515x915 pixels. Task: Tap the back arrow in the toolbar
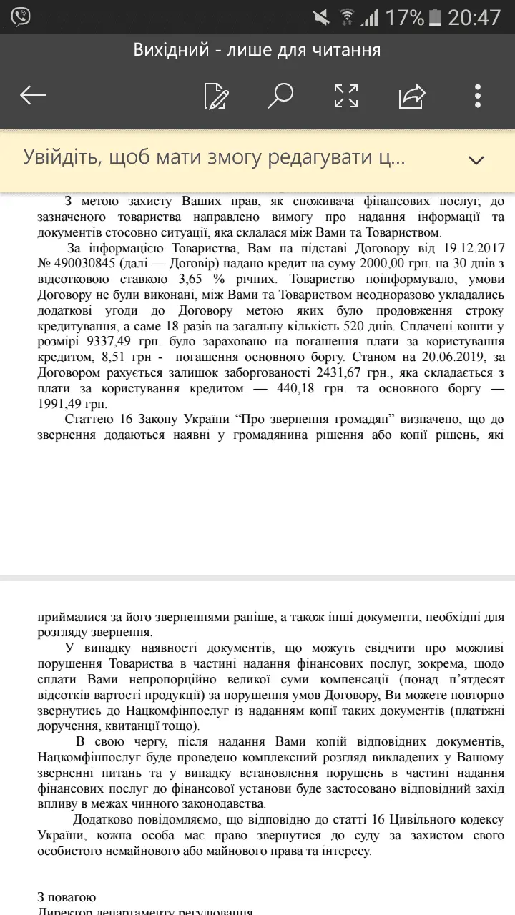pyautogui.click(x=33, y=95)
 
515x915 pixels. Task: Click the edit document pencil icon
pyautogui.click(x=216, y=96)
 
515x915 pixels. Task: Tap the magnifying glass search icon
pyautogui.click(x=280, y=95)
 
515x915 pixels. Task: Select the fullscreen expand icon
pyautogui.click(x=346, y=95)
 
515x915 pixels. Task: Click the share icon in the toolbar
pyautogui.click(x=412, y=95)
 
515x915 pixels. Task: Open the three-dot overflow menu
pyautogui.click(x=477, y=95)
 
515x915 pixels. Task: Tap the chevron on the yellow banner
pyautogui.click(x=476, y=159)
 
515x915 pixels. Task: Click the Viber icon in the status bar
pyautogui.click(x=21, y=17)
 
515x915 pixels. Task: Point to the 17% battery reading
pyautogui.click(x=404, y=17)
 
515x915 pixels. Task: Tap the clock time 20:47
pyautogui.click(x=474, y=17)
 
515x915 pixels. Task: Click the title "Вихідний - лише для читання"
pyautogui.click(x=257, y=50)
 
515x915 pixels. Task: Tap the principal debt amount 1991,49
pyautogui.click(x=67, y=403)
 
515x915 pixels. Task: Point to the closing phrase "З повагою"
pyautogui.click(x=67, y=897)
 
